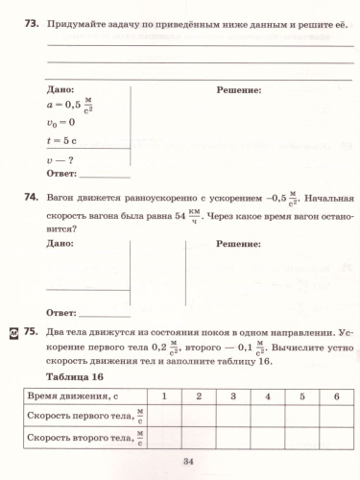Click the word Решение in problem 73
point(239,89)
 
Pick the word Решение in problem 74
point(239,246)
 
